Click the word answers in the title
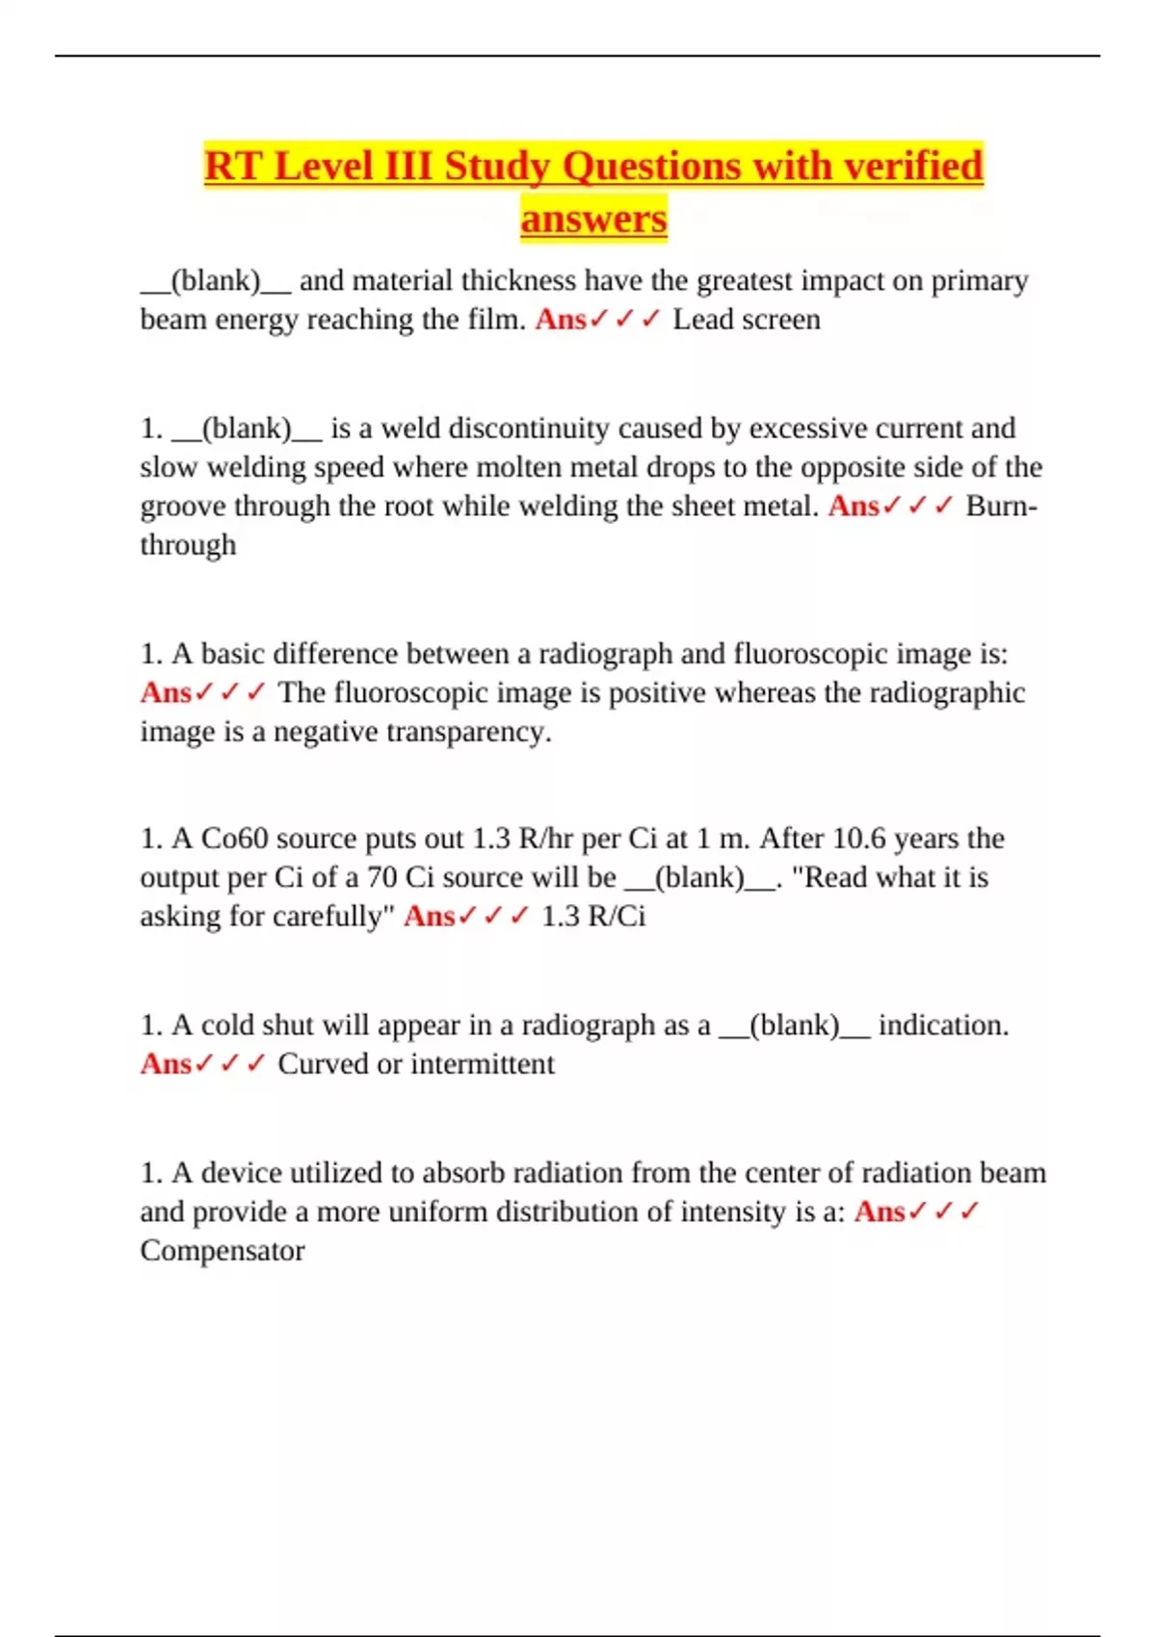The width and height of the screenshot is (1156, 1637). pos(593,219)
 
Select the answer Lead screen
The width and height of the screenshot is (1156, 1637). pos(747,320)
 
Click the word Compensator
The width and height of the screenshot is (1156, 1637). pos(223,1251)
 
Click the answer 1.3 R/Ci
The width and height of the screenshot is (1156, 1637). pos(593,916)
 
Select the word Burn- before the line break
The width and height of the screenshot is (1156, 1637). pos(1001,507)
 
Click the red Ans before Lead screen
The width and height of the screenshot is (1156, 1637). pos(561,320)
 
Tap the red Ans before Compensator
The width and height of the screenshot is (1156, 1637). pos(880,1211)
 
